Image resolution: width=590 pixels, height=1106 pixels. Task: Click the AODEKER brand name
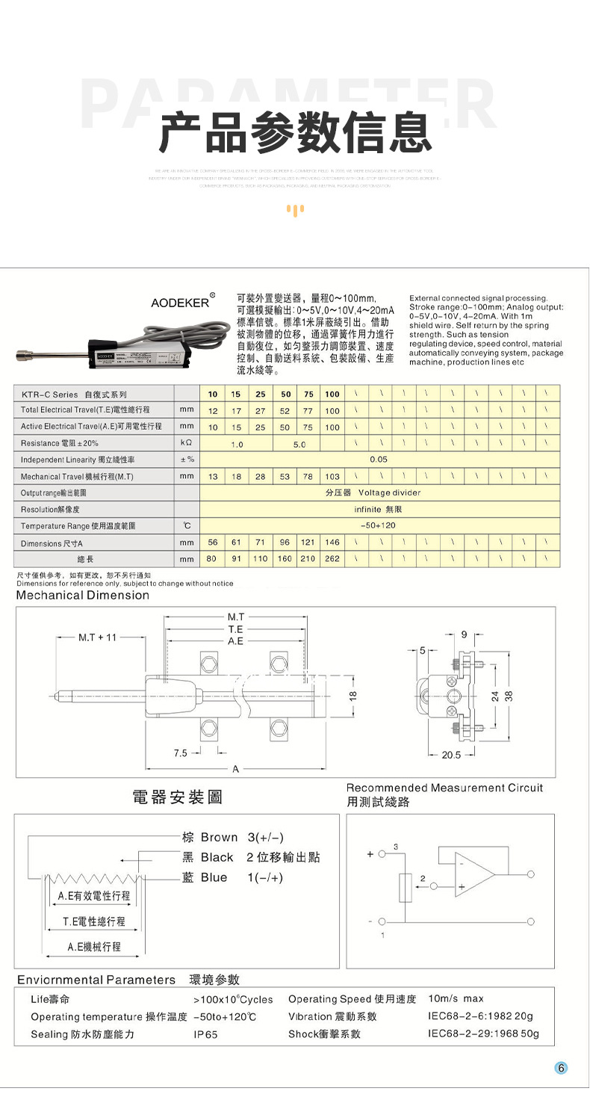pos(180,303)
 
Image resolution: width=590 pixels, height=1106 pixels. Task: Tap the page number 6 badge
pos(562,1068)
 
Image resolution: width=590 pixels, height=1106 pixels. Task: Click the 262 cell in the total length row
pos(332,559)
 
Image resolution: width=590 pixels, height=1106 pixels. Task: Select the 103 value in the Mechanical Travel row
pos(332,476)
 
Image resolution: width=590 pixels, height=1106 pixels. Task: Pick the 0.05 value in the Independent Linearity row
pos(379,460)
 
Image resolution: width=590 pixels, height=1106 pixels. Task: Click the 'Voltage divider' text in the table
pos(389,492)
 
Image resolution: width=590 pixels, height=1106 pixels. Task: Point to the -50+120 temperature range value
pos(379,525)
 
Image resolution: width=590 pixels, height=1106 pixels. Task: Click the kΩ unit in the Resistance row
pos(187,444)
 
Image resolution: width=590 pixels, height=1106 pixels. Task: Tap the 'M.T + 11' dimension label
pos(98,637)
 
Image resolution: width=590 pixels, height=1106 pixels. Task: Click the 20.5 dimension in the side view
pos(451,755)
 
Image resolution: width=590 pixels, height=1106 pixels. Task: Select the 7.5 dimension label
pos(180,753)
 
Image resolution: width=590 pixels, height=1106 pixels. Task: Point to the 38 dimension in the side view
pos(509,696)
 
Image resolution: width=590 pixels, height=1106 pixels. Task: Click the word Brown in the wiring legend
pos(219,838)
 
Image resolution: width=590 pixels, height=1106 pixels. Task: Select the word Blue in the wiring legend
pos(214,877)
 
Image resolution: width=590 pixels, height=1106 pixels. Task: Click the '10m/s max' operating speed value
pos(456,998)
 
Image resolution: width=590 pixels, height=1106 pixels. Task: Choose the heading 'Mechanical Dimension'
pos(83,596)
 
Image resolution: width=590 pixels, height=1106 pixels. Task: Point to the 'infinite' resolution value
pos(367,509)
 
